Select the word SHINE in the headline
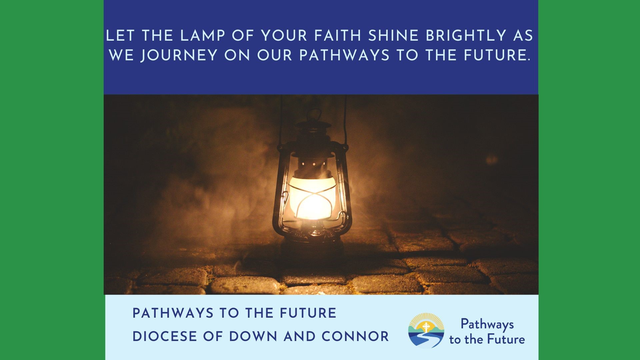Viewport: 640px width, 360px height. (x=393, y=36)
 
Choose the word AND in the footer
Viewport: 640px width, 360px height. (x=299, y=336)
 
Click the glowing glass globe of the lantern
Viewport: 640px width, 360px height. (x=312, y=197)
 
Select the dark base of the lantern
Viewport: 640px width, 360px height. (x=312, y=245)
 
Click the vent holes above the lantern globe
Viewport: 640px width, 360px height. (x=314, y=164)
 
